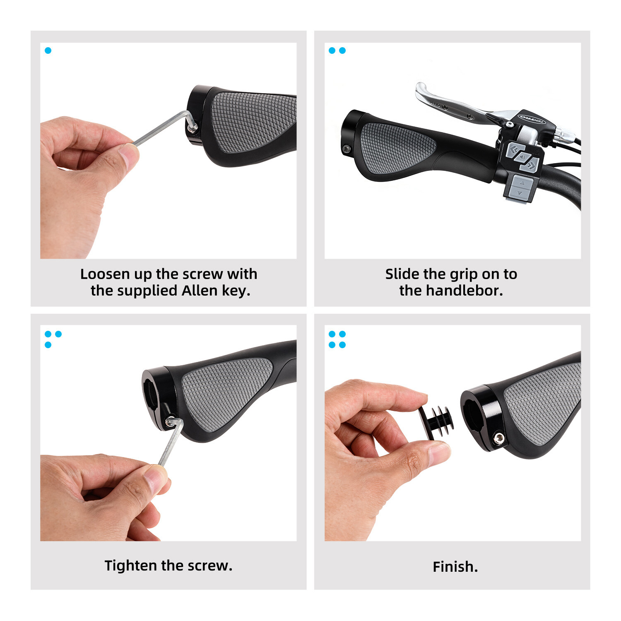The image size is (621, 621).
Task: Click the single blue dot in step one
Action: point(48,51)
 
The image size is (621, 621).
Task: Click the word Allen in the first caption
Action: point(200,291)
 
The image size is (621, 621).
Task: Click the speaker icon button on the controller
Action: point(522,157)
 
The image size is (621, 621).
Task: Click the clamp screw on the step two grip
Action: point(347,148)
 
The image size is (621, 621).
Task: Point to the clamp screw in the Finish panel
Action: point(499,439)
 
